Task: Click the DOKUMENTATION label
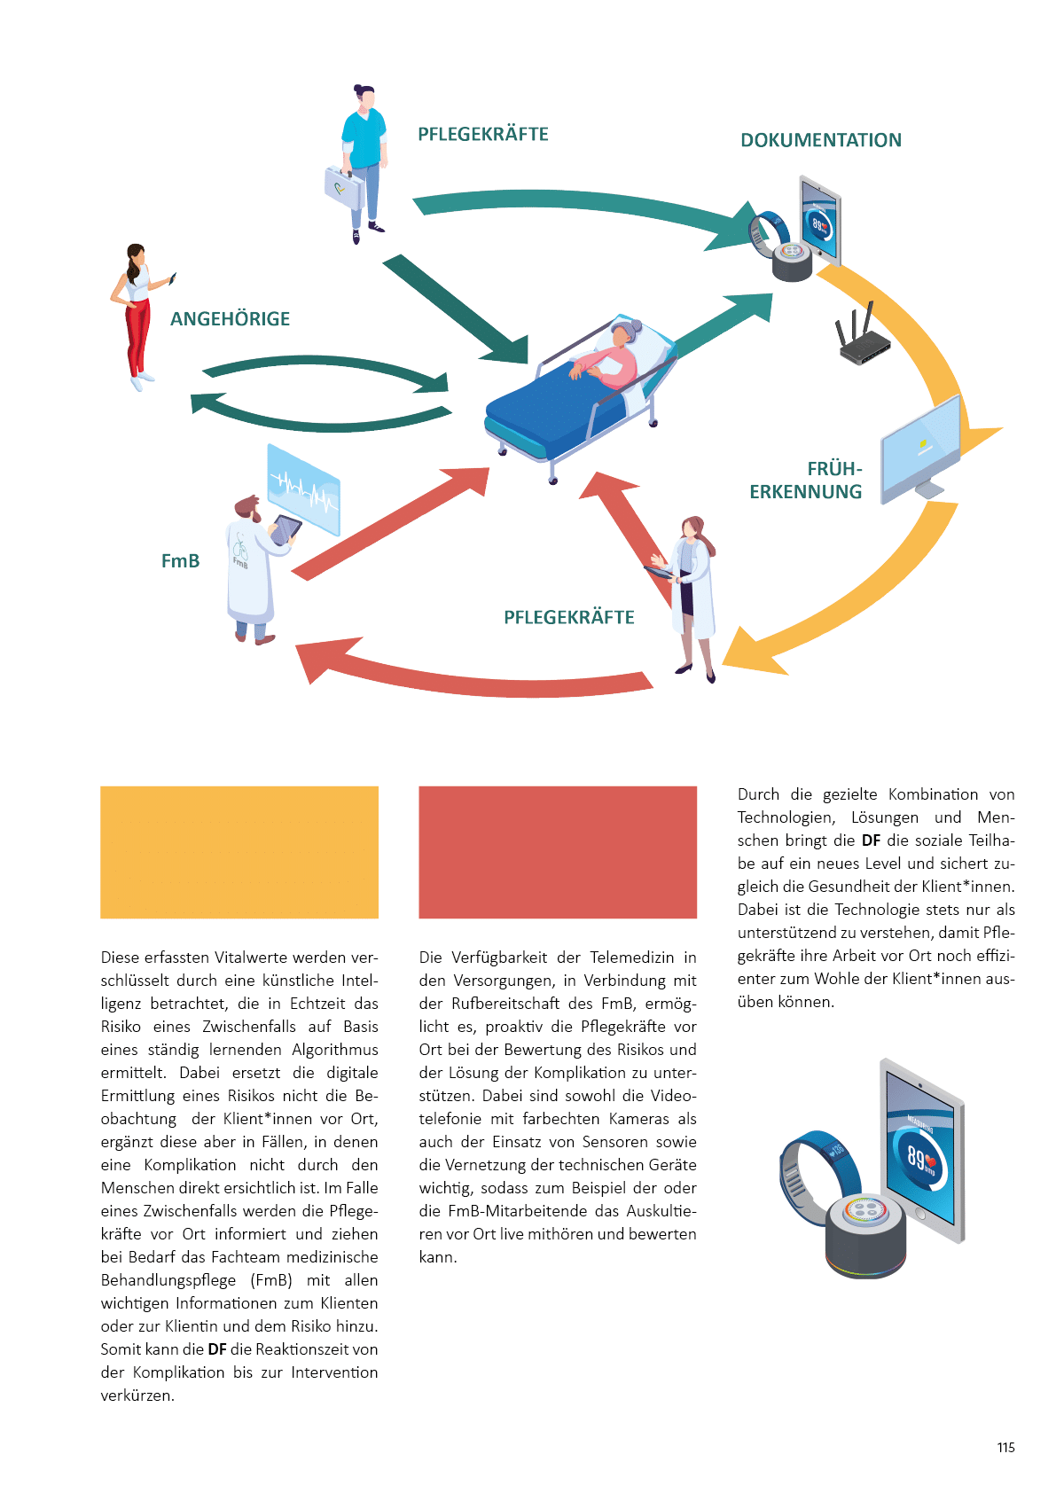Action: point(821,140)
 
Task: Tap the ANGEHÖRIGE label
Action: point(230,319)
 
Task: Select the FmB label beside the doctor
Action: point(180,561)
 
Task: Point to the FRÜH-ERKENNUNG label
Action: point(806,481)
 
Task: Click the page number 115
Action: point(1005,1448)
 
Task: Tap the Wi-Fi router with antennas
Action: point(863,340)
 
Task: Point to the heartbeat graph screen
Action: point(304,489)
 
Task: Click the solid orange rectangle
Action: point(239,852)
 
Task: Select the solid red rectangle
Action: point(558,852)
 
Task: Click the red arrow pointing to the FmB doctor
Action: point(470,671)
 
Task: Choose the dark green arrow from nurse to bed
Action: point(457,310)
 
